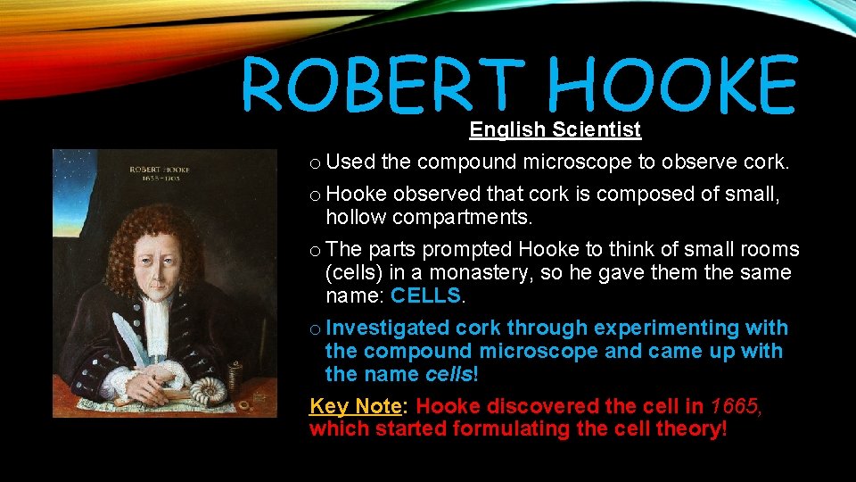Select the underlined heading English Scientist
pos(555,130)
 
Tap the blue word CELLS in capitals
pos(426,295)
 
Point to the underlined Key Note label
pos(355,406)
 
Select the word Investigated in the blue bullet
pos(389,328)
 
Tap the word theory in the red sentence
pos(690,429)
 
